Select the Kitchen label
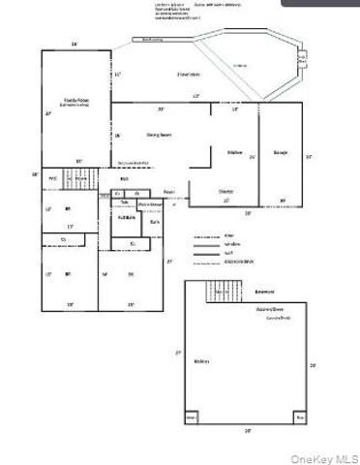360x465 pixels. click(233, 152)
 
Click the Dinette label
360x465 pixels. click(225, 191)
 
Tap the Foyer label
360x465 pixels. click(168, 191)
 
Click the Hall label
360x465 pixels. click(125, 179)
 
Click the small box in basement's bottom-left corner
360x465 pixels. click(191, 418)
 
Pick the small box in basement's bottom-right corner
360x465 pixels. click(301, 418)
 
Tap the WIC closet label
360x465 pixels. click(55, 179)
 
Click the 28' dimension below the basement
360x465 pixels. click(248, 430)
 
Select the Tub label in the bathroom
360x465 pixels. click(125, 202)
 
